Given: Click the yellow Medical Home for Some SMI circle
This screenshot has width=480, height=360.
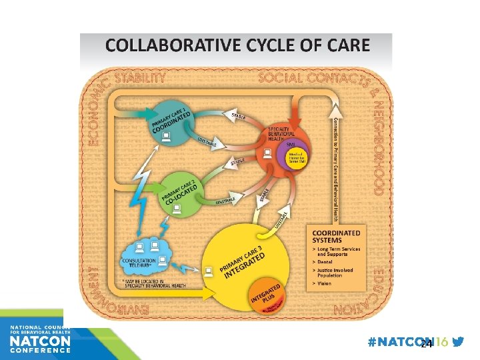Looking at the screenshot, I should [295, 158].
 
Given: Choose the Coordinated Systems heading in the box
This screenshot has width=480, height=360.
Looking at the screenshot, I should [337, 237].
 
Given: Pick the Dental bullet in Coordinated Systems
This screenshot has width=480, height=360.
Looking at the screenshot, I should [325, 262].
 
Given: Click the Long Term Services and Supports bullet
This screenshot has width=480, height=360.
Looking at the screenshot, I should [337, 251].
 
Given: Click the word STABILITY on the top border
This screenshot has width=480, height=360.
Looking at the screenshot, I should [141, 77].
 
